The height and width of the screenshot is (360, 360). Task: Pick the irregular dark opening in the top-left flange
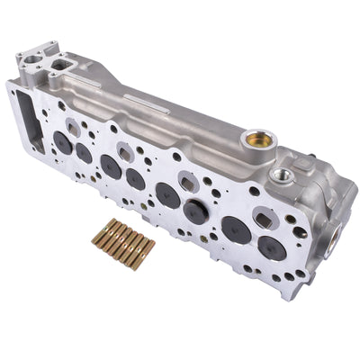[x=63, y=64]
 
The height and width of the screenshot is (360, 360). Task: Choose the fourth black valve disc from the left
[x=135, y=179]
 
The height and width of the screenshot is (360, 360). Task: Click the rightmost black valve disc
[x=270, y=247]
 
